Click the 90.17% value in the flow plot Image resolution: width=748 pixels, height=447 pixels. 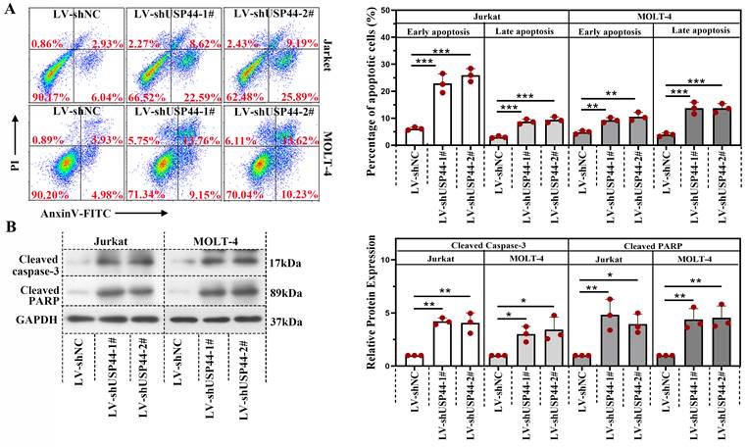49,96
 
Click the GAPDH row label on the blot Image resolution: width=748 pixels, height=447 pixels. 36,320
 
